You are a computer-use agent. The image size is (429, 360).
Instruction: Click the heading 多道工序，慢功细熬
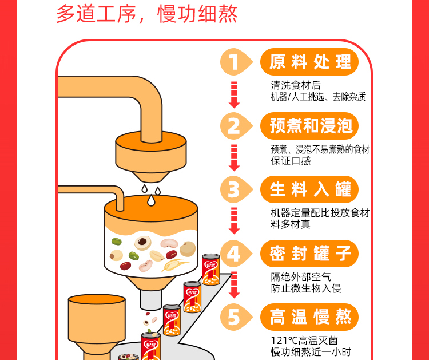[146, 14]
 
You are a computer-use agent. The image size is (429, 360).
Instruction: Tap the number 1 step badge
[236, 62]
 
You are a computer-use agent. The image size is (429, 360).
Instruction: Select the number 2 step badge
[236, 126]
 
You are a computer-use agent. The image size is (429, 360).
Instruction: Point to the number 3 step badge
[236, 189]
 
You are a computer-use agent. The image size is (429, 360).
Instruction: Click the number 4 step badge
[236, 254]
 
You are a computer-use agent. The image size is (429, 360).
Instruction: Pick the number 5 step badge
[236, 317]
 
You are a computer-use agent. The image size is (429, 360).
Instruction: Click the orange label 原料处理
[309, 62]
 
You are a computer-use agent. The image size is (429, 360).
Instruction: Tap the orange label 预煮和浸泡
[309, 126]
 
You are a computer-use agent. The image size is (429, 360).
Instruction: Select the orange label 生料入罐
[309, 189]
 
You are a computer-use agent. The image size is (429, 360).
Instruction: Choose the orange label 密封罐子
[309, 254]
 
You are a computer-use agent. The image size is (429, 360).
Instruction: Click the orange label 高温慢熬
[309, 317]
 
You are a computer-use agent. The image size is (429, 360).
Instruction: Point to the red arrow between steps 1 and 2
[234, 95]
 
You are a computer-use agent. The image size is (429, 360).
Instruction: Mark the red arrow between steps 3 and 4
[234, 221]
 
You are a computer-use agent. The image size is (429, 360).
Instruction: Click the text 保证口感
[291, 161]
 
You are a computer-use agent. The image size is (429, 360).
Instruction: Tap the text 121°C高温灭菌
[304, 341]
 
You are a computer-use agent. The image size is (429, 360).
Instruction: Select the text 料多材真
[291, 224]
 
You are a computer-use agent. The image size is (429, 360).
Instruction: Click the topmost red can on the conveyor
[211, 270]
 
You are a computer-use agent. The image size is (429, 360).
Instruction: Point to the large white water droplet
[151, 200]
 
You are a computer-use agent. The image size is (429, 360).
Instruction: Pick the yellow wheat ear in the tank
[174, 264]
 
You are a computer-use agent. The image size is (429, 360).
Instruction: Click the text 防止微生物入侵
[306, 288]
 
